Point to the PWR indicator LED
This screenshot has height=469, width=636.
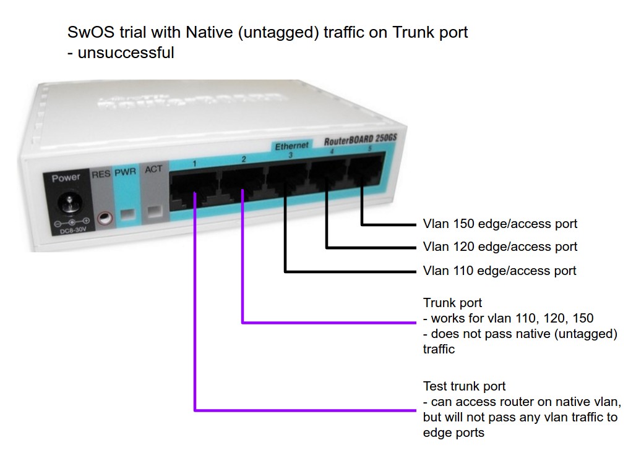click(x=128, y=215)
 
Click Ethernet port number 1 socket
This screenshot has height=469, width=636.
click(x=194, y=190)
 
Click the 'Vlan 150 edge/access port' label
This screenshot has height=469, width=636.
click(x=500, y=224)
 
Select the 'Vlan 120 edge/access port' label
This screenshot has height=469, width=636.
click(x=500, y=247)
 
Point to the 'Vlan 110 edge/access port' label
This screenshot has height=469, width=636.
click(x=499, y=271)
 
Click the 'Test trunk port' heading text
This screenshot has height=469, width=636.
click(x=464, y=387)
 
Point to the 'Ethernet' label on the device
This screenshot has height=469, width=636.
click(x=291, y=146)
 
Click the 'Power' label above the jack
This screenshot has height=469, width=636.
click(x=66, y=178)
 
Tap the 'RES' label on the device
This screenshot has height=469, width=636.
click(x=101, y=174)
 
